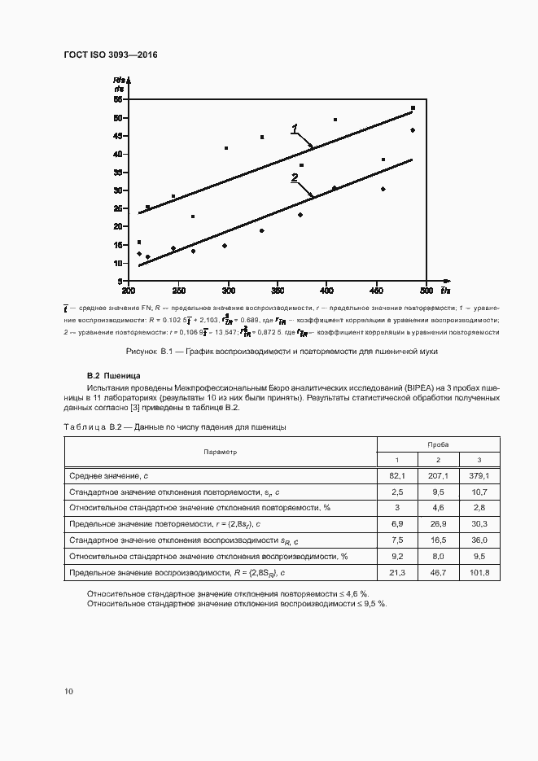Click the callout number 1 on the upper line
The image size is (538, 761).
[x=295, y=128]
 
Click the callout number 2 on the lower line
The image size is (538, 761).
[x=294, y=177]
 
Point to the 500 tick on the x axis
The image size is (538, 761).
[x=426, y=290]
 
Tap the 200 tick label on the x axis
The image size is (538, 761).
[x=129, y=290]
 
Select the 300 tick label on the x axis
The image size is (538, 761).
[x=228, y=290]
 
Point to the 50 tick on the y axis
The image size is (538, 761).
[x=118, y=118]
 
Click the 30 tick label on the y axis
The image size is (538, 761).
[x=118, y=190]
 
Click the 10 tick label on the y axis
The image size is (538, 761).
[x=118, y=263]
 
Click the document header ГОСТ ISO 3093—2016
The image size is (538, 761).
[x=110, y=55]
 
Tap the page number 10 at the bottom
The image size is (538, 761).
[x=68, y=691]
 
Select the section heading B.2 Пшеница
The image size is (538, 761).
[x=114, y=377]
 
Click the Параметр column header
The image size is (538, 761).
[x=221, y=451]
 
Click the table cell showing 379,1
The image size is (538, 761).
[x=479, y=475]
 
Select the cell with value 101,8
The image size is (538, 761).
[x=479, y=574]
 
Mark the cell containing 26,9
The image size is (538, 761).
[x=438, y=524]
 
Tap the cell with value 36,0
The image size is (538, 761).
[x=479, y=540]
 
